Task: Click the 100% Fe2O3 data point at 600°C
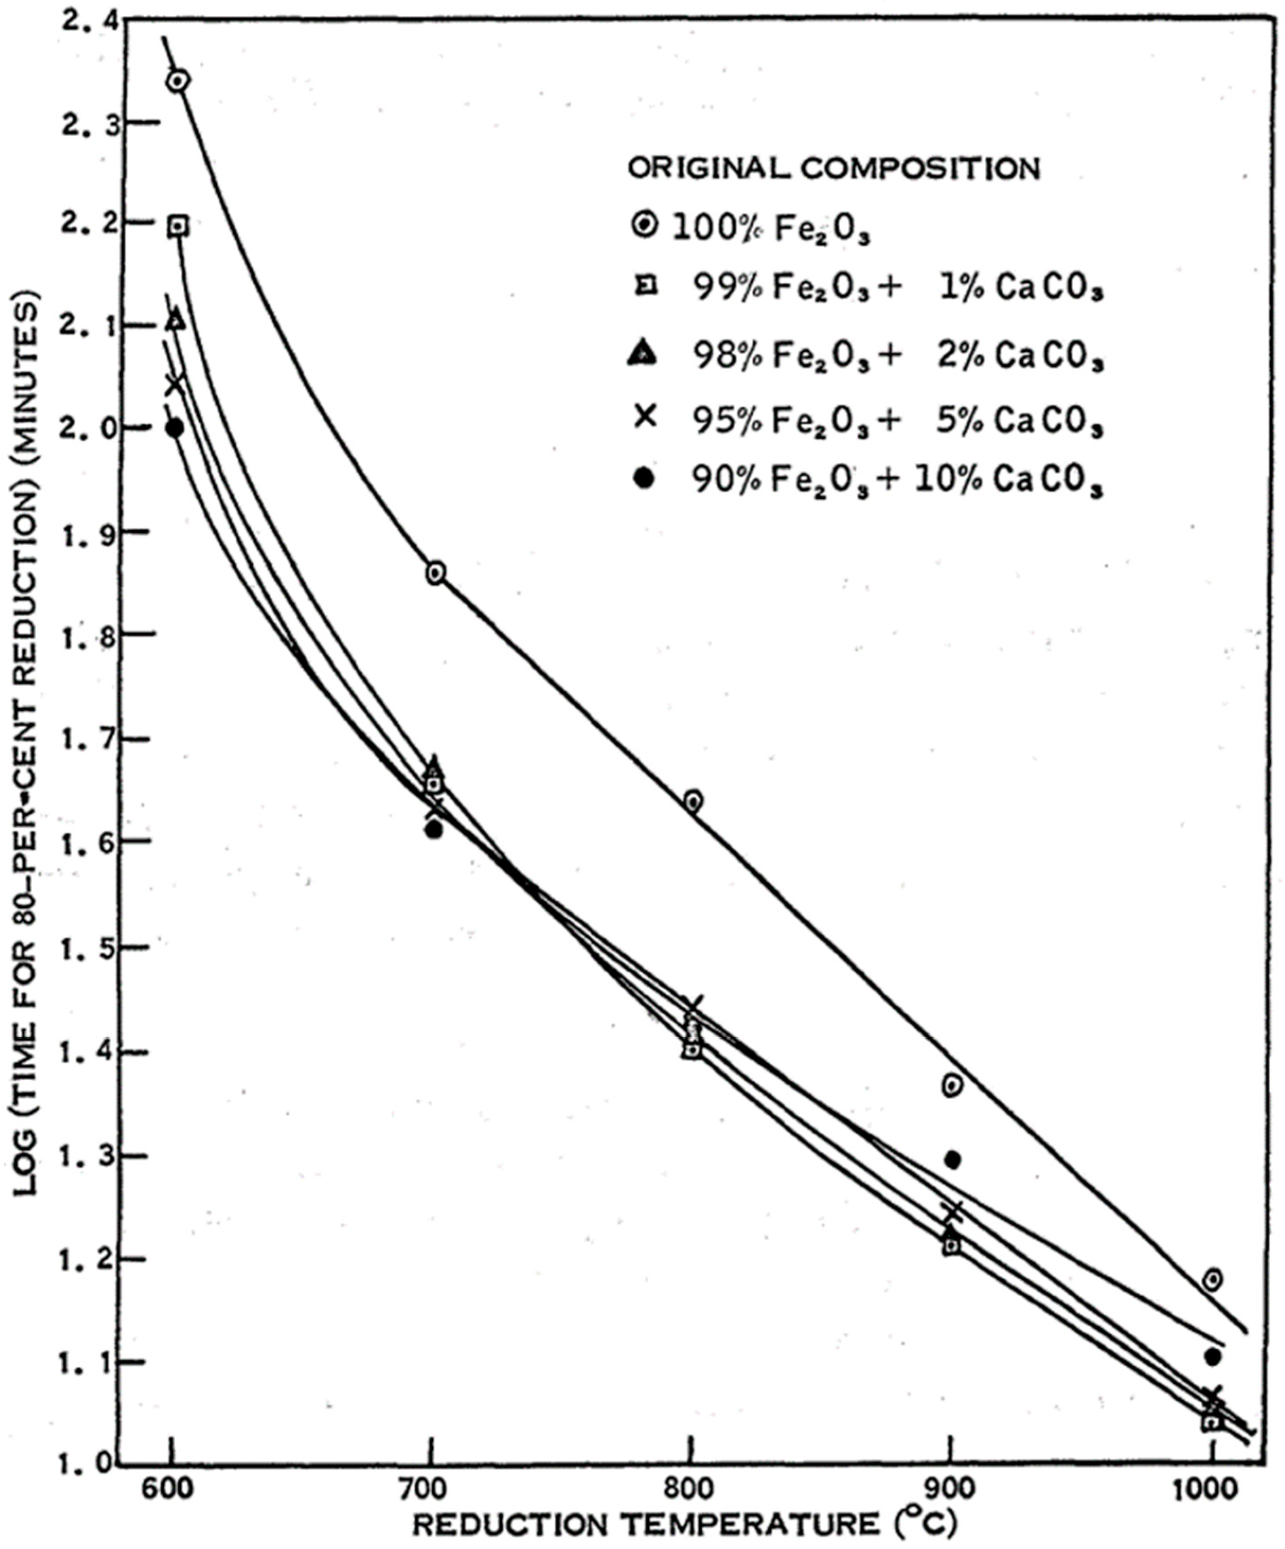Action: [178, 80]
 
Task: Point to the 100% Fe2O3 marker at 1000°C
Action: [1212, 1279]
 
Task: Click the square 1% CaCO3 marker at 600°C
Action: [178, 226]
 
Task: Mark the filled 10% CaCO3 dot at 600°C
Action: [175, 428]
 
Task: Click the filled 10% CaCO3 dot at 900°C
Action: [952, 1160]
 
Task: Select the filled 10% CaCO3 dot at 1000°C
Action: [1212, 1356]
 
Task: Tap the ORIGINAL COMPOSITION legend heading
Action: [833, 168]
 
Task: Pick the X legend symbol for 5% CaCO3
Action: [646, 417]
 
